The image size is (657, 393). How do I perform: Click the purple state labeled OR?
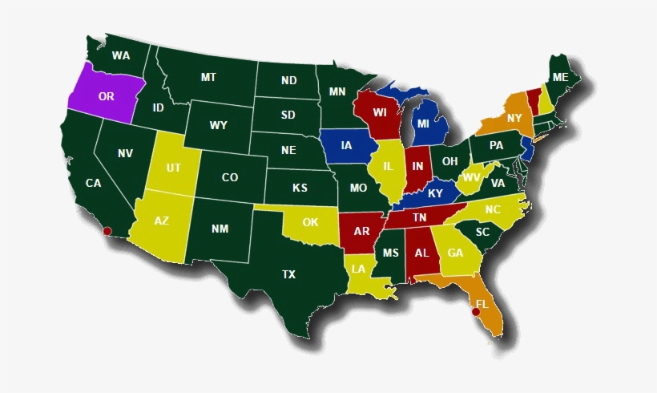point(104,96)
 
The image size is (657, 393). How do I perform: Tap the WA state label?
point(121,56)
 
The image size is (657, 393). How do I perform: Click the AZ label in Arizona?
point(161,221)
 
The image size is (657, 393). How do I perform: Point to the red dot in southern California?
point(107,231)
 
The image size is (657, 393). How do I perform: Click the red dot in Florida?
point(476,312)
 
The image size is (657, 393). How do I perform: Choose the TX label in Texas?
point(288,274)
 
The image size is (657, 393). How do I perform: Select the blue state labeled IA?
point(346,146)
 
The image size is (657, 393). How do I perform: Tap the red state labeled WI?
point(380,111)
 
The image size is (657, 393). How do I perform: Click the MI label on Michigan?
point(422,125)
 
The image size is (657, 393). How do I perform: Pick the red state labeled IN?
point(417,167)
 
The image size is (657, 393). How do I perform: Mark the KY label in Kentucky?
point(435,194)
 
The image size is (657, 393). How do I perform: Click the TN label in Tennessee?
point(419,217)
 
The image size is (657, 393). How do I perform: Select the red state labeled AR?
point(362,232)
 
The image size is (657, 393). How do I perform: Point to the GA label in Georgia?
point(455,253)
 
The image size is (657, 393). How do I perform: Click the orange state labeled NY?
point(514,119)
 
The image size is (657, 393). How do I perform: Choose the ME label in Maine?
point(560,77)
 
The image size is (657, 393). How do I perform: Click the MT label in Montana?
point(208,78)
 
